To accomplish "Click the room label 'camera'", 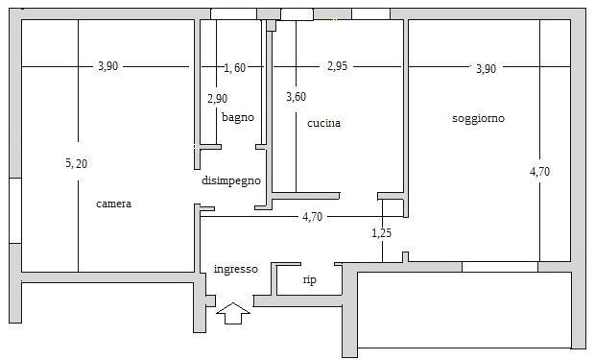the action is pos(114,204).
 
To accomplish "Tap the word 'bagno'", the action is pos(238,117).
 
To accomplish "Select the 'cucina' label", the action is pos(323,123).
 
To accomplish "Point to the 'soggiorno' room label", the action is pos(478,118).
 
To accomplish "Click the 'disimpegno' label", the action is pos(231,180).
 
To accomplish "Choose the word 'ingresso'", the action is pos(236,269).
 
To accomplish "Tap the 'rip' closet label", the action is pos(310,280).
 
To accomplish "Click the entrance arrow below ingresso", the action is pos(233,313).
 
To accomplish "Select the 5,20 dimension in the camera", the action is pos(76,163).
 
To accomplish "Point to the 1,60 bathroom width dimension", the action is pos(235,68).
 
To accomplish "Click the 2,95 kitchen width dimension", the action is pos(338,66).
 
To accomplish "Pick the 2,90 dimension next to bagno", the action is pos(218,99).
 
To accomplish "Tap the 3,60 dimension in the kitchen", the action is pos(296,97).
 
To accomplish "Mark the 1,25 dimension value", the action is pos(381,232).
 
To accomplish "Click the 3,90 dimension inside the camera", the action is pos(108,66).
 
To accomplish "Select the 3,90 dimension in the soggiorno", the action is pos(487,69).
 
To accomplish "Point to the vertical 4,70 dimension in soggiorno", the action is pos(539,172).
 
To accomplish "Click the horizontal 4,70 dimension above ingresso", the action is pos(312,217).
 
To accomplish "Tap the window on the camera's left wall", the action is pos(15,210).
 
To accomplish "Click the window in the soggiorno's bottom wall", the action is pos(500,267).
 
